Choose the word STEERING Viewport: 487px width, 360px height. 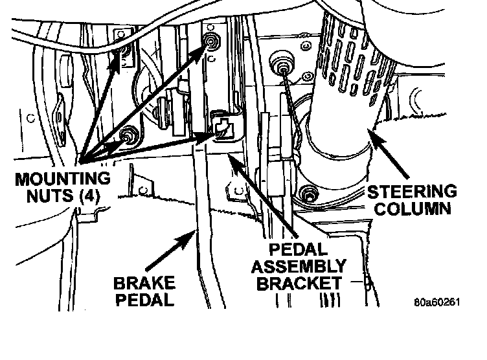point(412,192)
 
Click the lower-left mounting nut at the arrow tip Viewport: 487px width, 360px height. point(130,136)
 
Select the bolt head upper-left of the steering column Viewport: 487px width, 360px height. point(283,63)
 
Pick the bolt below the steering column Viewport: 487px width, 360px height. point(309,192)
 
